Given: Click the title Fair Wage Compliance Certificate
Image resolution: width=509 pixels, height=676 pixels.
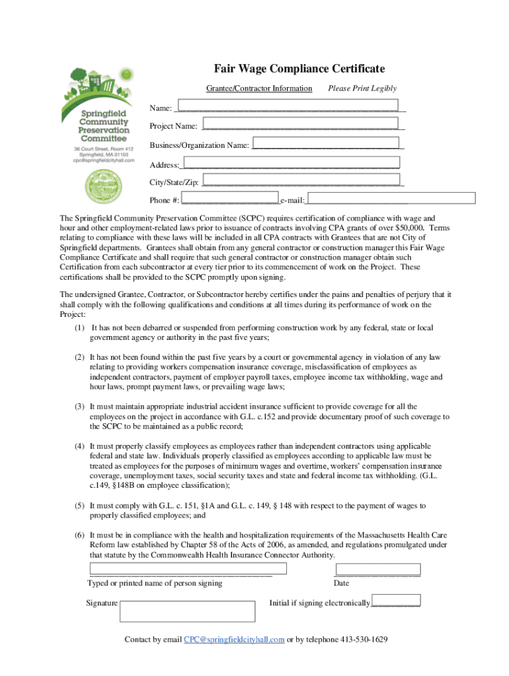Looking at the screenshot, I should (299, 69).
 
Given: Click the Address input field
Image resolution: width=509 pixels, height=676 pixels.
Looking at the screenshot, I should (292, 162).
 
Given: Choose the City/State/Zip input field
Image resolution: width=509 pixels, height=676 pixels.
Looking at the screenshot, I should (301, 180).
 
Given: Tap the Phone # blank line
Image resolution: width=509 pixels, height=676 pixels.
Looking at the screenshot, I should (229, 200).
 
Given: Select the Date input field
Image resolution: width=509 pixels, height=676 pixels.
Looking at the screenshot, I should (377, 569).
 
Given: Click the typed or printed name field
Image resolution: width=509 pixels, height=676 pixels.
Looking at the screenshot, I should (188, 568).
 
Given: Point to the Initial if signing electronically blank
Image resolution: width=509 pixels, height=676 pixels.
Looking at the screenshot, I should (396, 603).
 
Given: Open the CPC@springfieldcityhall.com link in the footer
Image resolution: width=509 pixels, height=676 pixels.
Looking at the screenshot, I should (234, 640).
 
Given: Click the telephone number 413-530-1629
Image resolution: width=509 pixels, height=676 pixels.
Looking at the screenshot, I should (364, 640).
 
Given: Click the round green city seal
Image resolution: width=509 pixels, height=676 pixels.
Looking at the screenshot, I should (104, 186).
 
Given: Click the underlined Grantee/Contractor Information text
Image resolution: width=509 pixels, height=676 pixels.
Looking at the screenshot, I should (259, 88).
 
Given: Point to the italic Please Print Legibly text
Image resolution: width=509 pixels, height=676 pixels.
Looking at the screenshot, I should (362, 88).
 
